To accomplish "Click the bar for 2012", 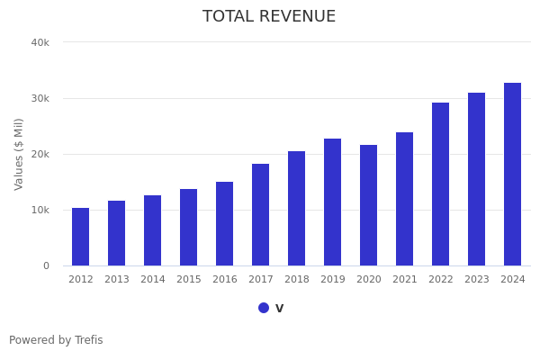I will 81,237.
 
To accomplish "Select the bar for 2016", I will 225,224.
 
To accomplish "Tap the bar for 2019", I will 333,202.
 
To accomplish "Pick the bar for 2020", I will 369,205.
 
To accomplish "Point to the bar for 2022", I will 441,184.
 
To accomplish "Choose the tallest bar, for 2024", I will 513,175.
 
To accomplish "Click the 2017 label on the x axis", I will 261,280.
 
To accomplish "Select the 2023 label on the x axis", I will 477,280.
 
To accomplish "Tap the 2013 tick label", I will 117,280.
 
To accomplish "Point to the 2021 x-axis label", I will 405,280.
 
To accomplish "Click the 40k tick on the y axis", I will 40,42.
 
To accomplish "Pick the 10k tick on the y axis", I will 40,210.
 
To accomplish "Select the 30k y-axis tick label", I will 40,98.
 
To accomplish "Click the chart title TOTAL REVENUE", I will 269,17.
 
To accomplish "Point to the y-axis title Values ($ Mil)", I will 19,154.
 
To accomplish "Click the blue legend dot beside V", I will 264,308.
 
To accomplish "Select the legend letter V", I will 279,309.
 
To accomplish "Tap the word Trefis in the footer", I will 88,340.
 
